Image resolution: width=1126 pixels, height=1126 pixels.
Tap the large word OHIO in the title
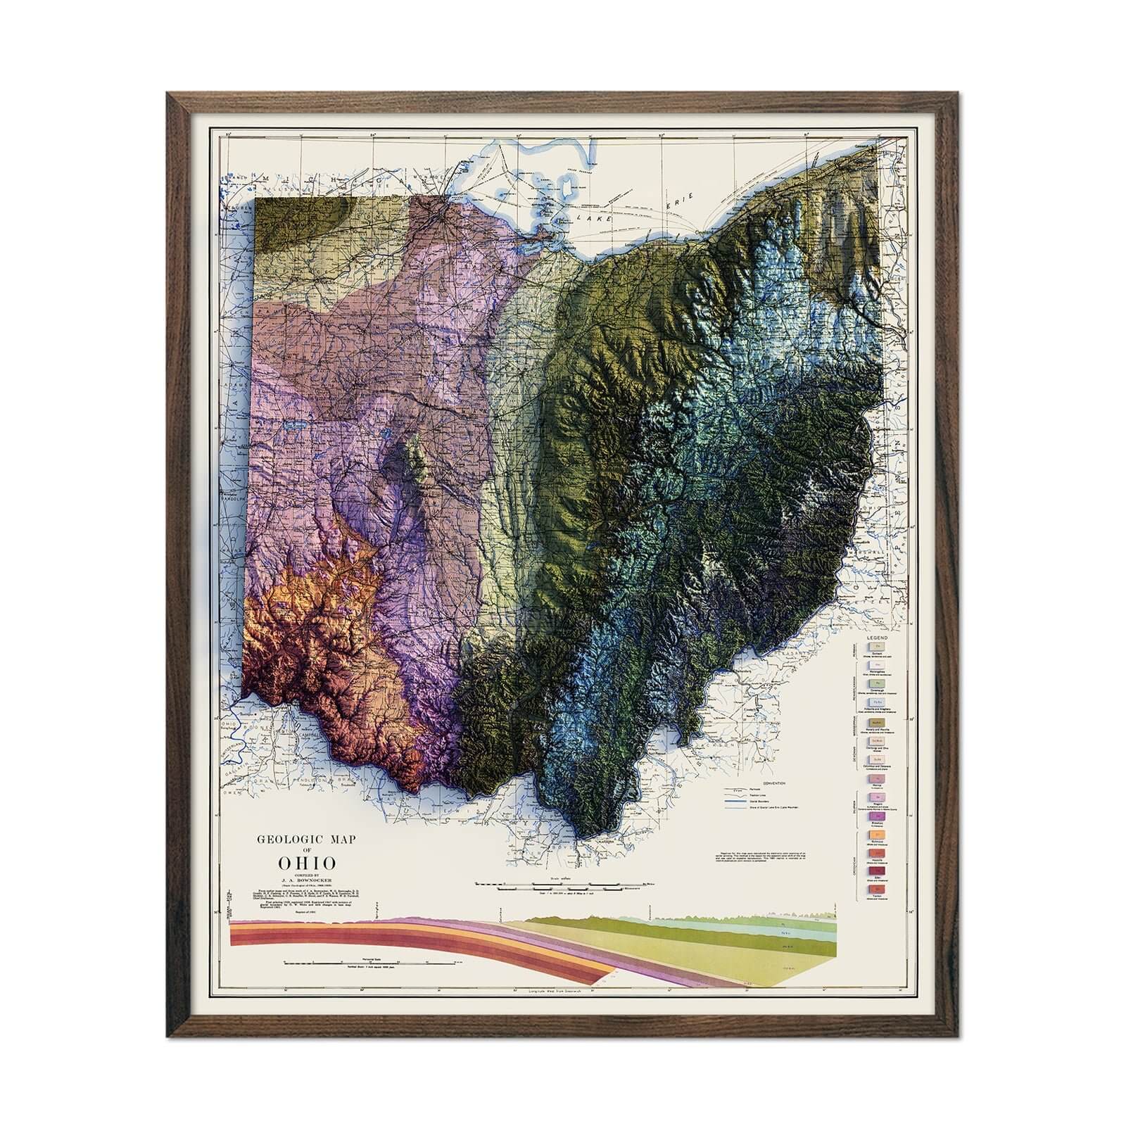click(x=307, y=863)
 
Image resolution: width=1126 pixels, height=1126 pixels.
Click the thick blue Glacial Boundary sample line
click(x=735, y=801)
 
